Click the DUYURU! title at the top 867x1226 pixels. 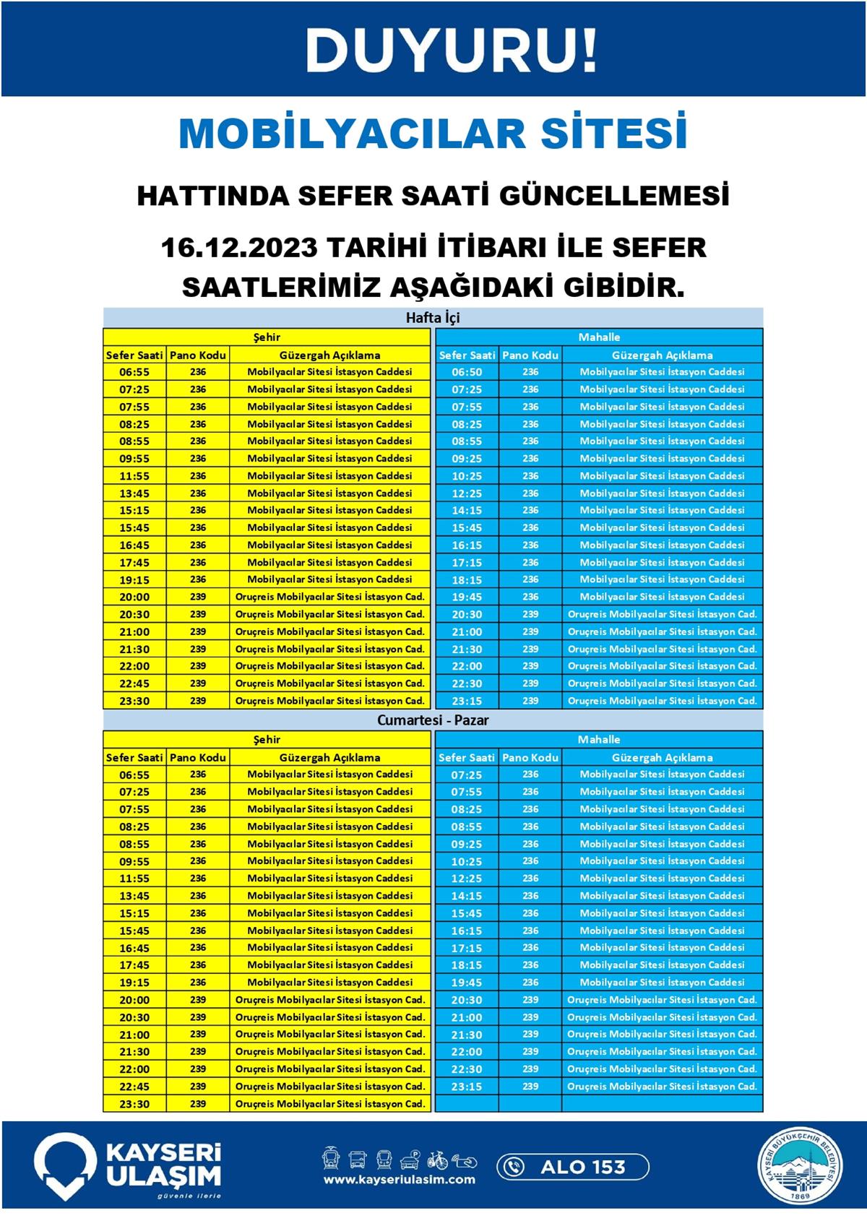coord(452,51)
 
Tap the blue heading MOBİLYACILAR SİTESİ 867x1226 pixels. coord(433,134)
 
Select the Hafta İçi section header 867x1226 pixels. coord(433,318)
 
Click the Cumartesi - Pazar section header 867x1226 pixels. coord(433,720)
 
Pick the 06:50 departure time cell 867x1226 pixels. coord(467,372)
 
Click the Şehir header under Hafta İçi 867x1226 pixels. coord(267,337)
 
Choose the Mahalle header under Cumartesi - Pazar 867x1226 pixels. coord(599,740)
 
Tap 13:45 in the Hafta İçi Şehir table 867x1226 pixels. coord(134,493)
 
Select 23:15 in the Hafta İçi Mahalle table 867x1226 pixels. coord(467,701)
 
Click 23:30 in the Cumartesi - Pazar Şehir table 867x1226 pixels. coord(134,1104)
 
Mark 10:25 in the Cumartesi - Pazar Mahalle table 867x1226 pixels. coord(467,861)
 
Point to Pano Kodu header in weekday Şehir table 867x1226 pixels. coord(198,355)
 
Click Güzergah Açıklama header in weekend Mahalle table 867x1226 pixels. coord(662,758)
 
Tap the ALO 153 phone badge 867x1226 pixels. coord(572,1167)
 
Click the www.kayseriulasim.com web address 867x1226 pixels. coord(400,1180)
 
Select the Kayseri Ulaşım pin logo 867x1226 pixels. coord(66,1165)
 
